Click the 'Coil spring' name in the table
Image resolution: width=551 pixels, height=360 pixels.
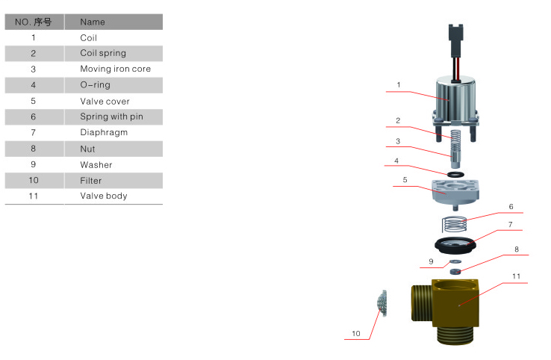pyautogui.click(x=103, y=53)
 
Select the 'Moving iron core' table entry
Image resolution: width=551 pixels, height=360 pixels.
pyautogui.click(x=115, y=69)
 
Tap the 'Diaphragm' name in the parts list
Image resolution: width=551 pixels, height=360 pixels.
pyautogui.click(x=104, y=132)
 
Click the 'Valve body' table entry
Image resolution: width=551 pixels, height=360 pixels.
pyautogui.click(x=104, y=196)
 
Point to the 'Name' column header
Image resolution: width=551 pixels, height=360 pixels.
pyautogui.click(x=93, y=22)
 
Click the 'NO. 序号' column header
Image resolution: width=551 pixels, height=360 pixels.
pyautogui.click(x=33, y=22)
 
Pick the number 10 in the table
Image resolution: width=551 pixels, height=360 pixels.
pyautogui.click(x=34, y=180)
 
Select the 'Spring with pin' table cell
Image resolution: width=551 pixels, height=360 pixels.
pyautogui.click(x=111, y=117)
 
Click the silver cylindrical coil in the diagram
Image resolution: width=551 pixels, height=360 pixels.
pyautogui.click(x=452, y=96)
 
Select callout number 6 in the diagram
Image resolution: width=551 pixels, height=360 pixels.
pyautogui.click(x=511, y=207)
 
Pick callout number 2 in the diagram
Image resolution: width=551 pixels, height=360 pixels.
pyautogui.click(x=398, y=120)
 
